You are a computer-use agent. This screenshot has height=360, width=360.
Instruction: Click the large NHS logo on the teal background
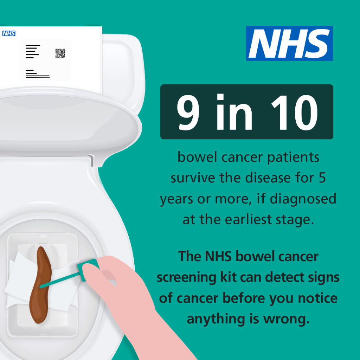click(289, 43)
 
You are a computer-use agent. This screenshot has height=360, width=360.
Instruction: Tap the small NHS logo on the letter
click(9, 34)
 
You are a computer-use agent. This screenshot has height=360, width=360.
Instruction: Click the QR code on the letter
click(60, 53)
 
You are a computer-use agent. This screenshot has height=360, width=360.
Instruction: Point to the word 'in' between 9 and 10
click(234, 112)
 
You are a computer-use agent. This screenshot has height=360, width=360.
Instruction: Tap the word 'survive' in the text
click(193, 178)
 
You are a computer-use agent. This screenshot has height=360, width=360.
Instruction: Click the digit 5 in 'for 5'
click(322, 178)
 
